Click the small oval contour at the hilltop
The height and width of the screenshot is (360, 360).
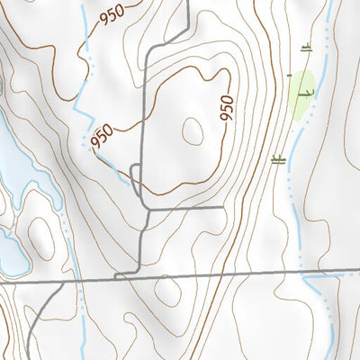(193, 131)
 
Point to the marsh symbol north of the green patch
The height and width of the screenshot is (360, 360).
(307, 47)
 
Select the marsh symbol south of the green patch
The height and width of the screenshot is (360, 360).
(278, 161)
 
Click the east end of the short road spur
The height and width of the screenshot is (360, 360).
(222, 208)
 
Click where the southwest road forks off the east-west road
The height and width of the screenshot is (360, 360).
(61, 280)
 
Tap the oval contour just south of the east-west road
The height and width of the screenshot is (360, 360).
(167, 291)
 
